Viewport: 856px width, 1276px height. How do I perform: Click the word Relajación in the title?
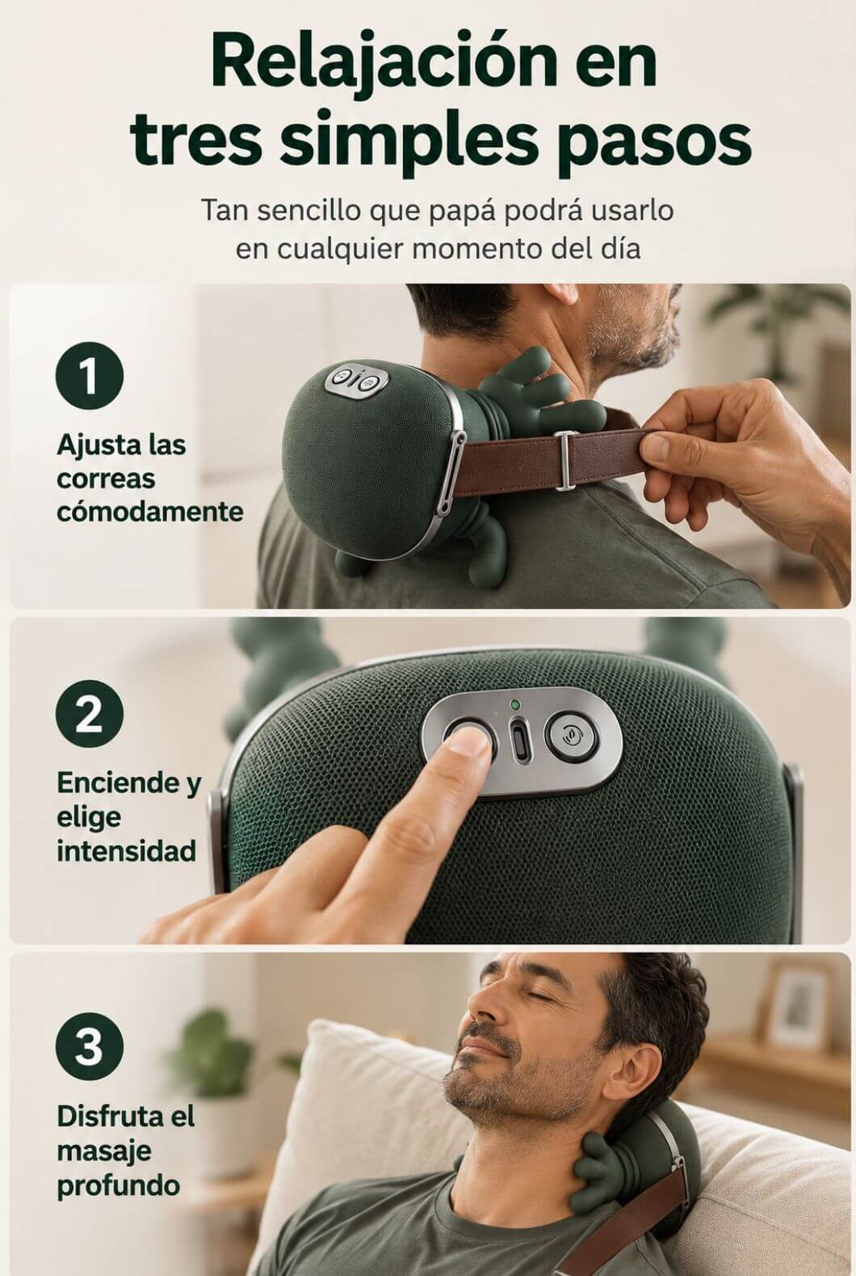[x=383, y=61]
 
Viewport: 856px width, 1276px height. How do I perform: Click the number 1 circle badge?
[x=90, y=376]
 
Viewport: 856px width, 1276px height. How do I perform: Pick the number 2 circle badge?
[x=90, y=714]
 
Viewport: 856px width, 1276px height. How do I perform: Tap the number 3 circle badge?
[x=90, y=1046]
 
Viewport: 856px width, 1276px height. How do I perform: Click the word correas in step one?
[x=105, y=479]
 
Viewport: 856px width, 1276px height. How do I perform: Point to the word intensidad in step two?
[x=127, y=851]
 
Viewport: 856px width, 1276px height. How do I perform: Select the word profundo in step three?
[x=119, y=1187]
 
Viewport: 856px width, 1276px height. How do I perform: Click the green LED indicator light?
[x=515, y=705]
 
